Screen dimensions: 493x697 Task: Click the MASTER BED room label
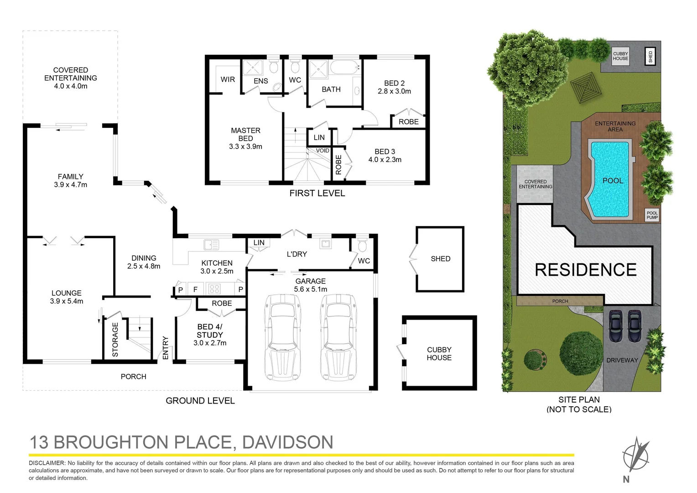coord(245,134)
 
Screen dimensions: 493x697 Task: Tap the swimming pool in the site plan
coord(610,179)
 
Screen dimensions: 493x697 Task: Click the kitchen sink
coord(211,244)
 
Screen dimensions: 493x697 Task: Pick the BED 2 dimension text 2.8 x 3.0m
coord(394,91)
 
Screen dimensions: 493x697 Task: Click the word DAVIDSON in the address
coord(287,442)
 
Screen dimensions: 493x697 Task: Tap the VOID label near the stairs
coord(322,151)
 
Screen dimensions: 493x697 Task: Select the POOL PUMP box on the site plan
coord(652,215)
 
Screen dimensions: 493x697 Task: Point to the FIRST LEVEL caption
coord(317,193)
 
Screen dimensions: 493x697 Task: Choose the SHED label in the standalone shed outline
coord(440,259)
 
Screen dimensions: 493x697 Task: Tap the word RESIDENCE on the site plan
coord(585,270)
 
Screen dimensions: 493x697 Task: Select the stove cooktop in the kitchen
coord(214,288)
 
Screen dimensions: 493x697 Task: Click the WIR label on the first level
coord(228,79)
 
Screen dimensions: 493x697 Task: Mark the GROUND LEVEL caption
coord(200,401)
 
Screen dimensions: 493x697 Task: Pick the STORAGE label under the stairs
coord(115,339)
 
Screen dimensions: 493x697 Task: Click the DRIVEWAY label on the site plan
coord(622,360)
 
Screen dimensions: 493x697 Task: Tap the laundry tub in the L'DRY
coord(325,244)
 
